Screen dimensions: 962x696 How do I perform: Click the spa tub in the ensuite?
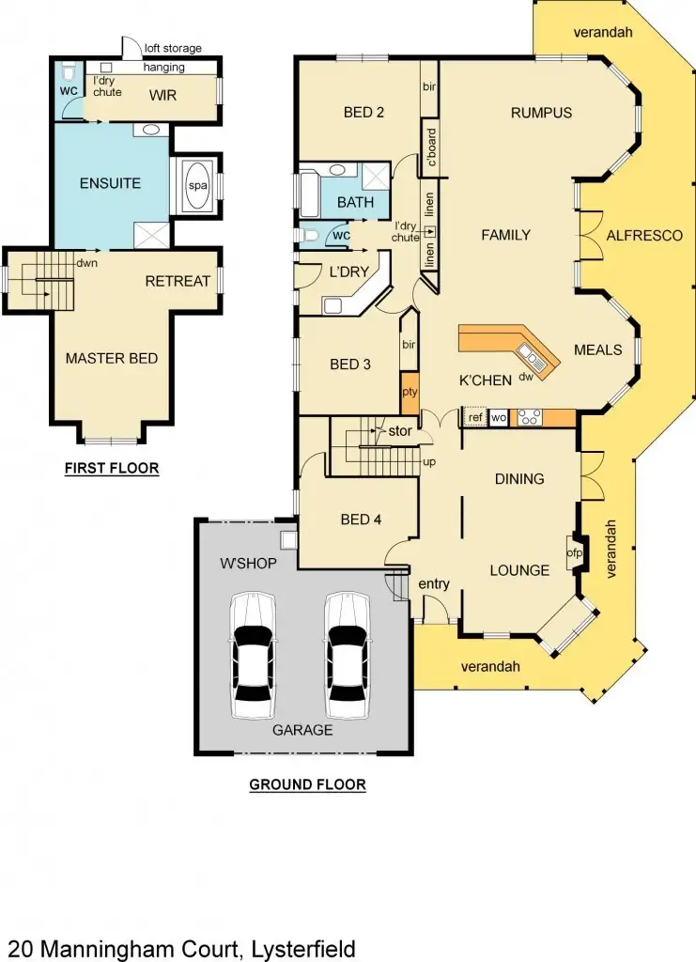click(x=198, y=186)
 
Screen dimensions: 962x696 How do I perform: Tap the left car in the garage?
click(x=252, y=655)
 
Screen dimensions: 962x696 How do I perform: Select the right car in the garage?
click(x=347, y=655)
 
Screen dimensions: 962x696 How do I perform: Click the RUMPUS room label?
click(x=541, y=114)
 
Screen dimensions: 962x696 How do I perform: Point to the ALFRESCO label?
click(x=644, y=235)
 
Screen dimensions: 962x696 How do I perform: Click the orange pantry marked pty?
click(x=409, y=391)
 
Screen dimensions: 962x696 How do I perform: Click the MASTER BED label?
click(x=111, y=358)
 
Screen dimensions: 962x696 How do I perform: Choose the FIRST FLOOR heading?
click(x=111, y=468)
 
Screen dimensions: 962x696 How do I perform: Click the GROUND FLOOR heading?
click(x=307, y=784)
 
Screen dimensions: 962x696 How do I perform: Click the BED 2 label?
click(x=364, y=114)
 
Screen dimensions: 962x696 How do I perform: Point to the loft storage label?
click(x=173, y=49)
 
